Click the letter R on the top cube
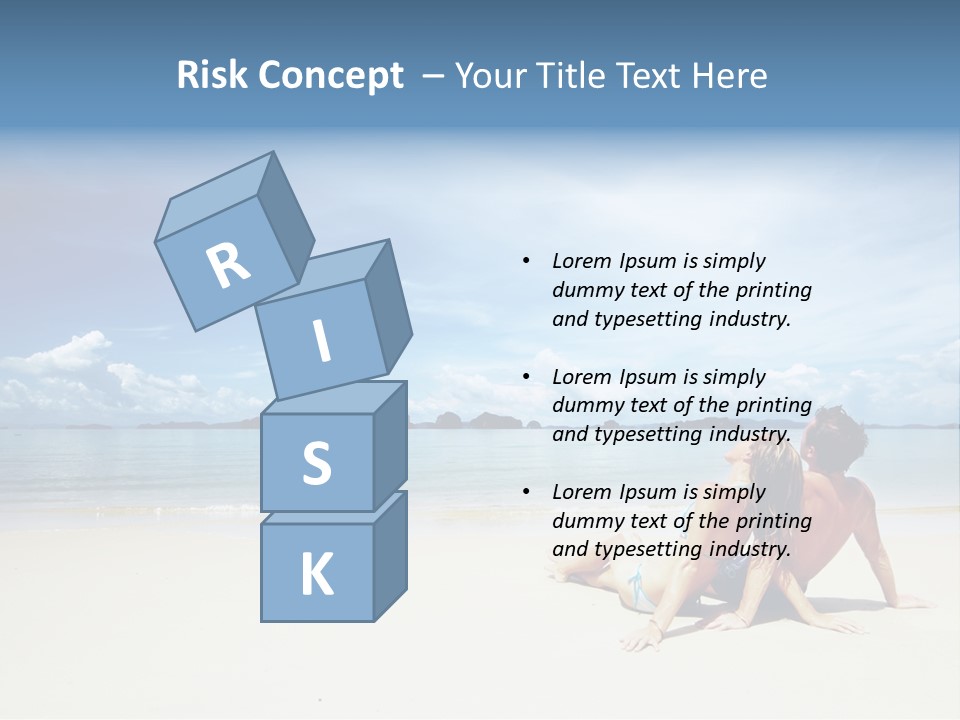(228, 265)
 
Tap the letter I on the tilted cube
(321, 341)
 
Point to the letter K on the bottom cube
(316, 575)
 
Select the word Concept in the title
(331, 75)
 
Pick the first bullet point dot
(527, 261)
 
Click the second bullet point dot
(527, 377)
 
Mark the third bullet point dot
(527, 492)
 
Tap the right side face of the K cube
(390, 555)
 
